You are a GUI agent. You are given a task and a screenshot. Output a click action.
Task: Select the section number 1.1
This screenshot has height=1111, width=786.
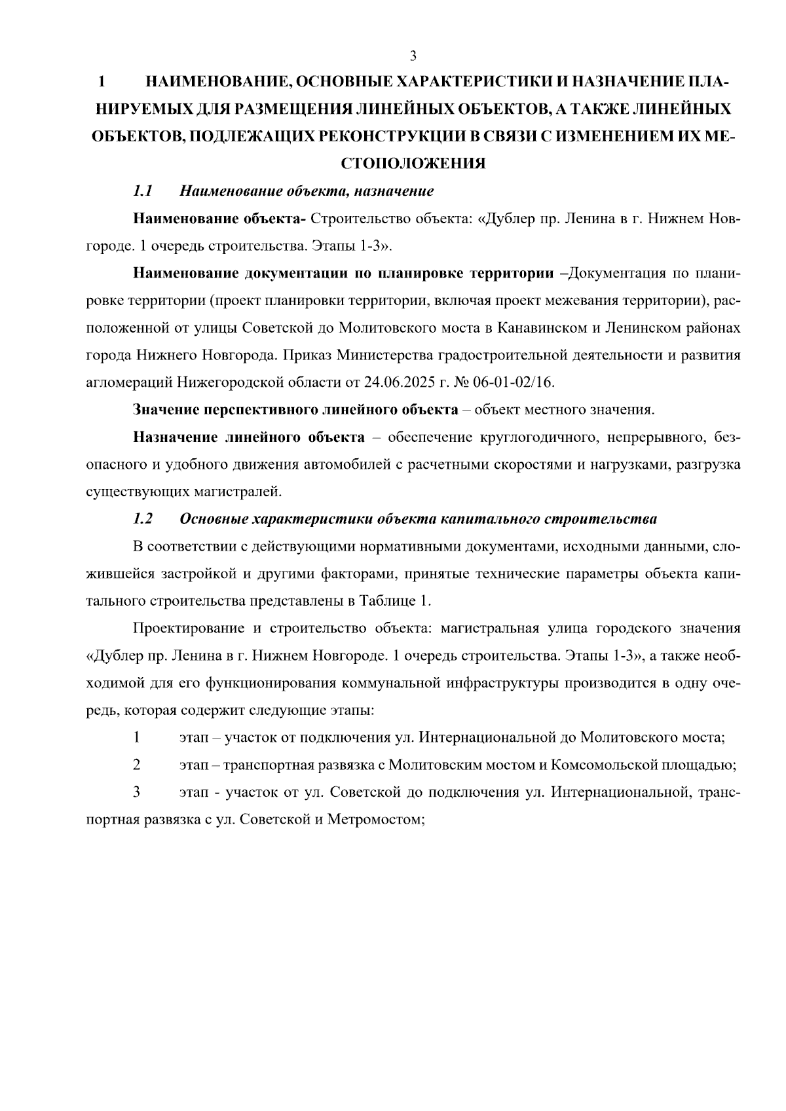142,191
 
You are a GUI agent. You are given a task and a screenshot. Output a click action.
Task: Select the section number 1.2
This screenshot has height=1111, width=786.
142,519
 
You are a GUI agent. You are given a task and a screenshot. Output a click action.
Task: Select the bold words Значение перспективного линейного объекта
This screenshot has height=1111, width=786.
295,410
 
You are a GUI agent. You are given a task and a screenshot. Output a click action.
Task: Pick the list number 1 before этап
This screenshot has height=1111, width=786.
136,737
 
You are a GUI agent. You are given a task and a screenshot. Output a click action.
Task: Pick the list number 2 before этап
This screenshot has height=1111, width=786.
136,764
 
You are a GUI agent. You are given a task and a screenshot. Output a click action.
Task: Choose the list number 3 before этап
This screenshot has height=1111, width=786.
136,792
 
